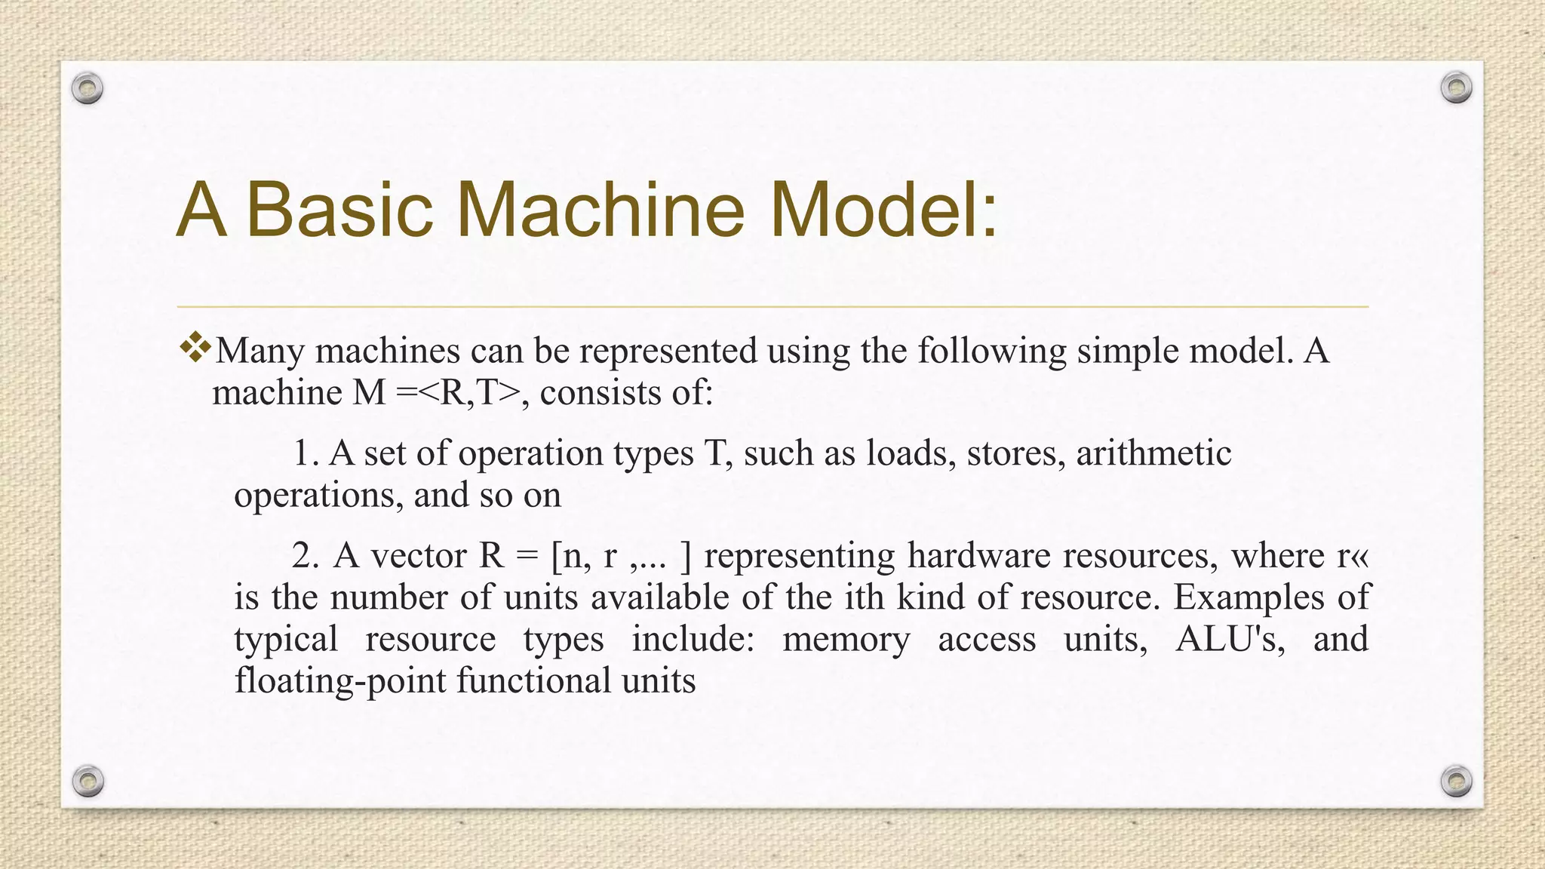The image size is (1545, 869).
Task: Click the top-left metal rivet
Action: [x=88, y=89]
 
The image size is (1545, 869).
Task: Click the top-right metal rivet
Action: [x=1456, y=88]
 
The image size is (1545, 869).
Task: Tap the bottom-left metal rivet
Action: [x=88, y=781]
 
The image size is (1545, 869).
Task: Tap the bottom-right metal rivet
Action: [x=1456, y=781]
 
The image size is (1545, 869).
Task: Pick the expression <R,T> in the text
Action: [x=468, y=393]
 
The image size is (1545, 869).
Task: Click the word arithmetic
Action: [x=1153, y=453]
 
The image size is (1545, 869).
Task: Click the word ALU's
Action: [x=1230, y=640]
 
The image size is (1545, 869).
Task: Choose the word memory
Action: [x=846, y=640]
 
